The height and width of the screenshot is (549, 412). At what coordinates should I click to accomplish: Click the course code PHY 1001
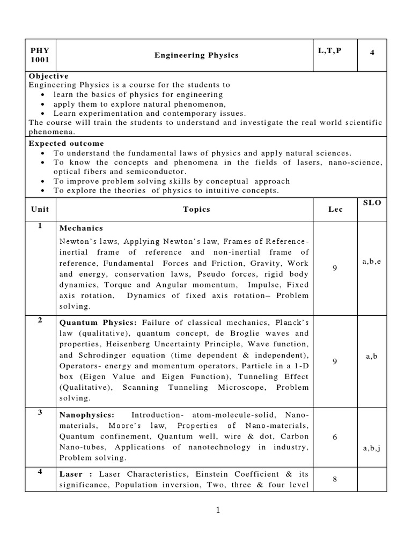tap(39, 55)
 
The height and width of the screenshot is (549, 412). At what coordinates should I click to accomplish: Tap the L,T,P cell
tap(329, 50)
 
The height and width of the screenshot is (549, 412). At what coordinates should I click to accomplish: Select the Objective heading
tap(48, 76)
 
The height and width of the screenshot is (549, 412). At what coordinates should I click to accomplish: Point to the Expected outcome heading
tap(66, 144)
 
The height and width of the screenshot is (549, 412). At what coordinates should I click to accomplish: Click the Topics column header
tap(196, 210)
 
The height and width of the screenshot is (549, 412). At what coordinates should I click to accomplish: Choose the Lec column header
tap(335, 210)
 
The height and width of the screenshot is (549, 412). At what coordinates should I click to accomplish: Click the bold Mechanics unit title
tap(81, 228)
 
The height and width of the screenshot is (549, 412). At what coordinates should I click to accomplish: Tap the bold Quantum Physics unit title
tap(98, 322)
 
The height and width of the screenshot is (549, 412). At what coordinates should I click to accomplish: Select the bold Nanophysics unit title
tap(87, 416)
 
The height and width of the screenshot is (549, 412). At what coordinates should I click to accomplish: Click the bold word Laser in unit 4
tap(71, 474)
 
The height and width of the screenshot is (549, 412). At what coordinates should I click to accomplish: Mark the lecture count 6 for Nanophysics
tap(335, 437)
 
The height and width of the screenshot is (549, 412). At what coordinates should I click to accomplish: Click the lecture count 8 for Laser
tap(335, 480)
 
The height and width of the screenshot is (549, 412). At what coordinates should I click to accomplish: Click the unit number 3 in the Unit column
tap(40, 413)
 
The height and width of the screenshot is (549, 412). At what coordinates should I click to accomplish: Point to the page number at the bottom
tap(218, 510)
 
